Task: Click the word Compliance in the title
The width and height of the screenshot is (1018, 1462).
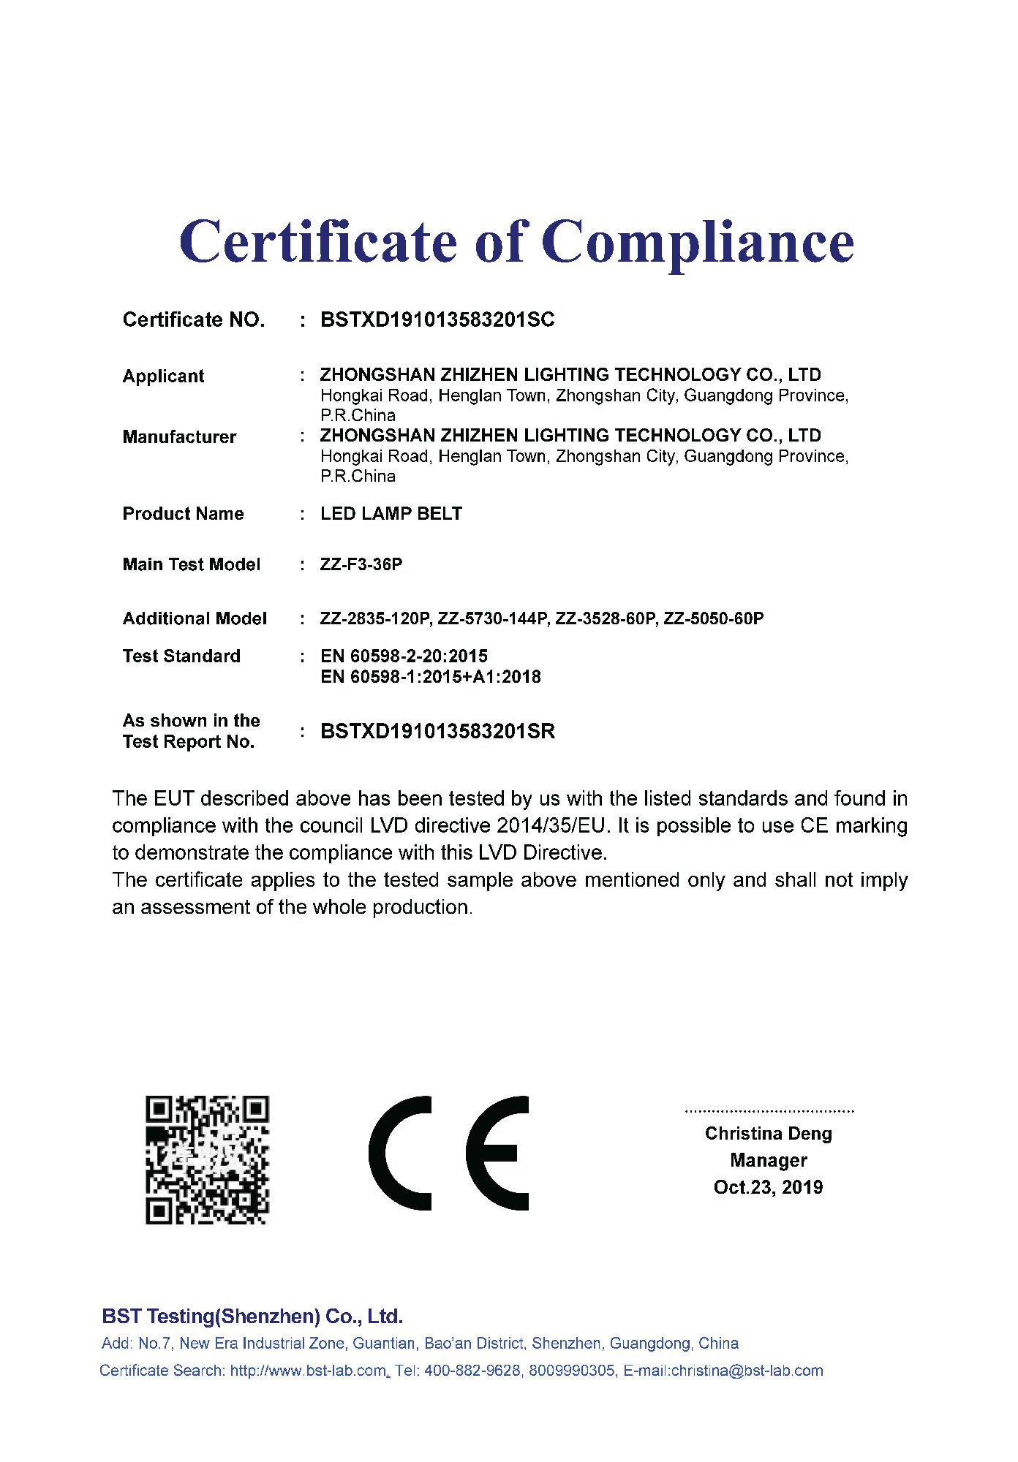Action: click(x=698, y=243)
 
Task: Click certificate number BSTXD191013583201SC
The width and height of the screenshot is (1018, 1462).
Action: click(x=437, y=320)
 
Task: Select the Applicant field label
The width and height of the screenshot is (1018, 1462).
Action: click(x=163, y=376)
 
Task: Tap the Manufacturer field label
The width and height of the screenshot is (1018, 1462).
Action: click(x=179, y=437)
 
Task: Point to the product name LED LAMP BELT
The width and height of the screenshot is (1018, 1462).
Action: click(x=391, y=514)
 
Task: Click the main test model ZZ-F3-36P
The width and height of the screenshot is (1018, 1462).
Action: click(x=361, y=565)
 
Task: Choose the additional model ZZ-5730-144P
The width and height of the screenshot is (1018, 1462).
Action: click(x=493, y=619)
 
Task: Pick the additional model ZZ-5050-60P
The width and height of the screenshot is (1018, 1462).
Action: click(x=714, y=619)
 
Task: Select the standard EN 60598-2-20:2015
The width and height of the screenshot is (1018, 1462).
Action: click(x=404, y=656)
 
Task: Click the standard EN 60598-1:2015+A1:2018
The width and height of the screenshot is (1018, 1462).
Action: click(x=431, y=677)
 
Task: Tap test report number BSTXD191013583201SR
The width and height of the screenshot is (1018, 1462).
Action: click(x=437, y=732)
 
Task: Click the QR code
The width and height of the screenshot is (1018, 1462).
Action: click(x=207, y=1159)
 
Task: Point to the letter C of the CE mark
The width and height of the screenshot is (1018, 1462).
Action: click(x=401, y=1154)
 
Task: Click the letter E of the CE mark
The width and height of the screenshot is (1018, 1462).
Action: click(x=498, y=1154)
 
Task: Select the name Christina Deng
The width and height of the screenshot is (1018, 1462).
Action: click(x=768, y=1134)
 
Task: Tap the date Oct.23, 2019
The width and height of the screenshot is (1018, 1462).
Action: click(x=768, y=1187)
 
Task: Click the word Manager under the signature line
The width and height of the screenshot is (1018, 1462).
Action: click(x=768, y=1161)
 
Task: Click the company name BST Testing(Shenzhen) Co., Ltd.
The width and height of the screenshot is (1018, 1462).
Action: click(x=252, y=1317)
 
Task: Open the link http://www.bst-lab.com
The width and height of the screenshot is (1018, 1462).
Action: click(x=308, y=1371)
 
